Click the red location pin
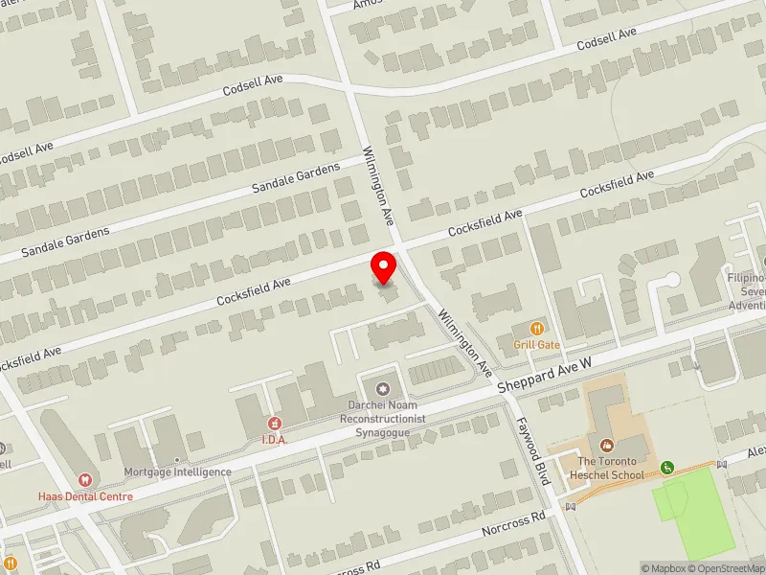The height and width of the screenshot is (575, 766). point(384,265)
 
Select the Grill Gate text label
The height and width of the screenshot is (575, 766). point(536,345)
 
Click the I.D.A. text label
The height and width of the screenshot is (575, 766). point(276,439)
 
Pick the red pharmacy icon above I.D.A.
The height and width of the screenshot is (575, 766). point(275,424)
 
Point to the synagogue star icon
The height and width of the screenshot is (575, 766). point(383,388)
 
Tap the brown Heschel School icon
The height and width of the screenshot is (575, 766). point(607,445)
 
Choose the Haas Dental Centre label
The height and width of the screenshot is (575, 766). point(85,496)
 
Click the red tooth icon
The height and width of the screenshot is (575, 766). point(84,480)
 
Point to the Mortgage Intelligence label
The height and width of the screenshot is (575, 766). point(177,471)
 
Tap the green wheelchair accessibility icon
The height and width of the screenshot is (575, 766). point(666,468)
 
